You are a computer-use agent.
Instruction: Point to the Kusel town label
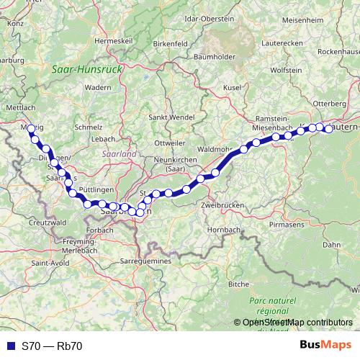tap(232, 87)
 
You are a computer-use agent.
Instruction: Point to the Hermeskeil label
tap(115, 41)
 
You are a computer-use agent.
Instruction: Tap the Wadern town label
tap(97, 87)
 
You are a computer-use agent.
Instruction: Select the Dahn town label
tap(332, 245)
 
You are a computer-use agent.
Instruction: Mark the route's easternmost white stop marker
tap(329, 129)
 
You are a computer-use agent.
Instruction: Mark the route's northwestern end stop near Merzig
tap(30, 129)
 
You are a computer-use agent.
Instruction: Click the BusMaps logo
tap(326, 345)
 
